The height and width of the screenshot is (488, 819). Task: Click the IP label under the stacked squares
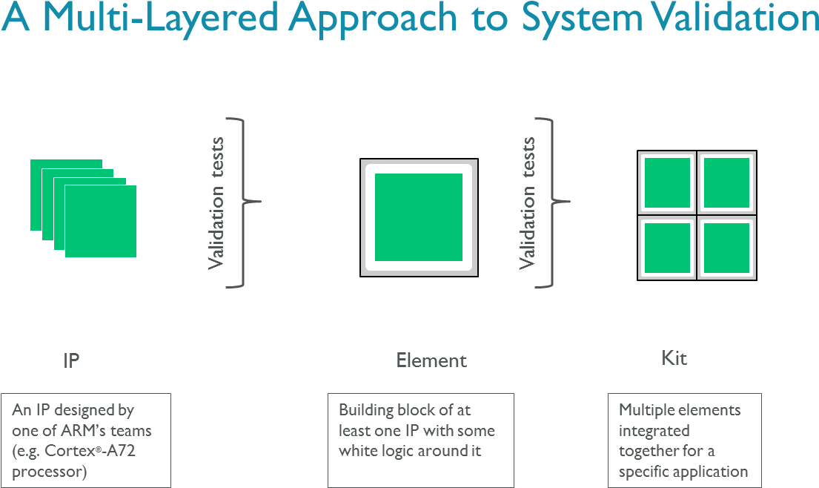pyautogui.click(x=71, y=361)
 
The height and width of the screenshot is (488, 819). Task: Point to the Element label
pyautogui.click(x=431, y=361)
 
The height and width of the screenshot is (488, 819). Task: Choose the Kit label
pyautogui.click(x=674, y=359)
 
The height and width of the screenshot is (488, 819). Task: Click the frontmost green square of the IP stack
pyautogui.click(x=101, y=221)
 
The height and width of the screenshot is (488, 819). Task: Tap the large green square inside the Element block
pyautogui.click(x=419, y=217)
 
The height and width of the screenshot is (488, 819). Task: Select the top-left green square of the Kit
pyautogui.click(x=667, y=182)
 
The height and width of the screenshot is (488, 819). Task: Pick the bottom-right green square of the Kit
pyautogui.click(x=726, y=248)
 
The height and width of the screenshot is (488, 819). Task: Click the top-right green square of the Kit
pyautogui.click(x=726, y=182)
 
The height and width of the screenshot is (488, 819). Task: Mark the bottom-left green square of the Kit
pyautogui.click(x=667, y=248)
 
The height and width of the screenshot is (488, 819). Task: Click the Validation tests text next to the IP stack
pyautogui.click(x=216, y=202)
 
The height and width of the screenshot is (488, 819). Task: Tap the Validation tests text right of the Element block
pyautogui.click(x=528, y=202)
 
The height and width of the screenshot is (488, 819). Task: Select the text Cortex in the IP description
pyautogui.click(x=70, y=451)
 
